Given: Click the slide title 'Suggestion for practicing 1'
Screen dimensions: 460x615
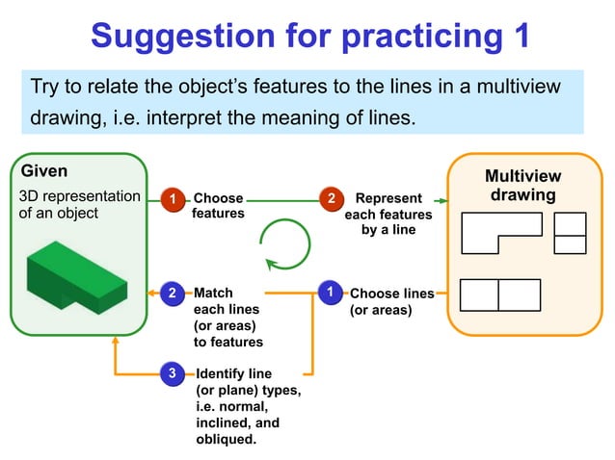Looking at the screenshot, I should [x=309, y=37].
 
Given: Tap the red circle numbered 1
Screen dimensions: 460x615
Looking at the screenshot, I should [x=172, y=199].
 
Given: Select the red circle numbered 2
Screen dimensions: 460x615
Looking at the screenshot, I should [x=331, y=199].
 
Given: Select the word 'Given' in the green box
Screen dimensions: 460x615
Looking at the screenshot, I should [x=44, y=171].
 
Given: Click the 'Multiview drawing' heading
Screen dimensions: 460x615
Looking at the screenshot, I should [x=521, y=186].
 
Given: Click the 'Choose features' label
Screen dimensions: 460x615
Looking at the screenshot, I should [x=218, y=206].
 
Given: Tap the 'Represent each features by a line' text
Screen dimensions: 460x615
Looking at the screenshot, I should [x=388, y=214].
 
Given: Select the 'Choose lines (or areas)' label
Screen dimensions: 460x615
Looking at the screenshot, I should [x=390, y=301].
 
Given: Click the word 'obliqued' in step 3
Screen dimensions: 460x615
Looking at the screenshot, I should [x=226, y=439].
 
